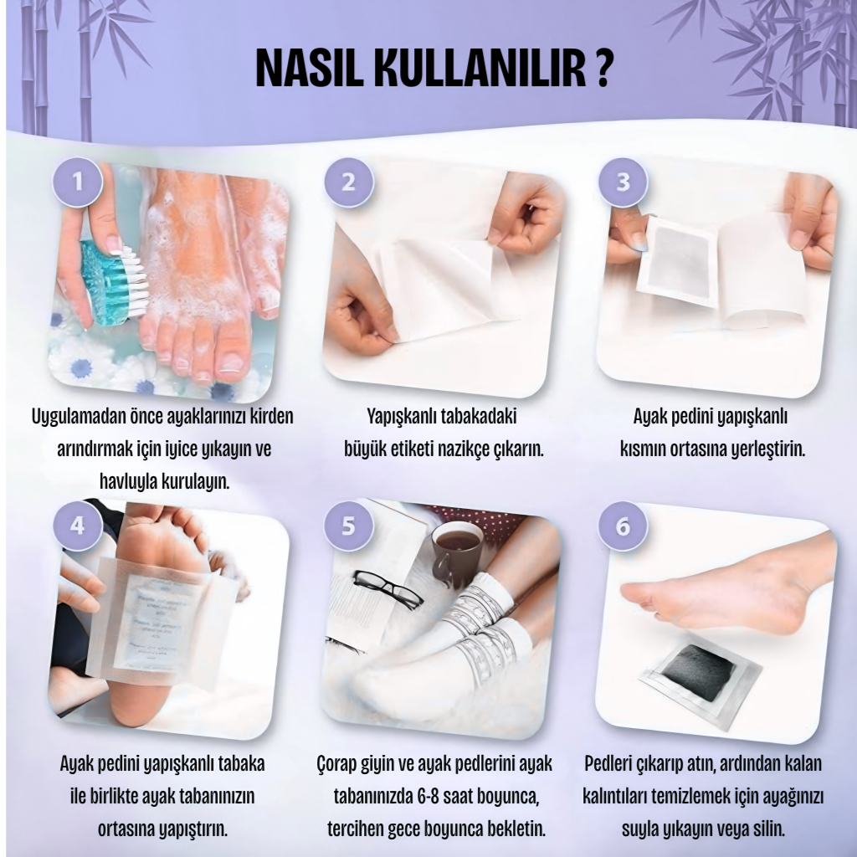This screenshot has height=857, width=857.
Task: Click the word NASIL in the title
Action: point(310,69)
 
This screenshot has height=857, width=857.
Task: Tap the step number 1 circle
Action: point(78,182)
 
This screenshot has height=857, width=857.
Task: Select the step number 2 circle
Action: point(348,182)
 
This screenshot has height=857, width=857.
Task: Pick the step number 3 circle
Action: point(623,182)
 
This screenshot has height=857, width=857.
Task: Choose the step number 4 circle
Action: point(78,526)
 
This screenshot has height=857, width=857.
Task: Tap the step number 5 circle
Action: point(348,526)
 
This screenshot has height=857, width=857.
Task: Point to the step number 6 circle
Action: point(623,526)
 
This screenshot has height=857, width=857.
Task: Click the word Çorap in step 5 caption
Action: point(336,764)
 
